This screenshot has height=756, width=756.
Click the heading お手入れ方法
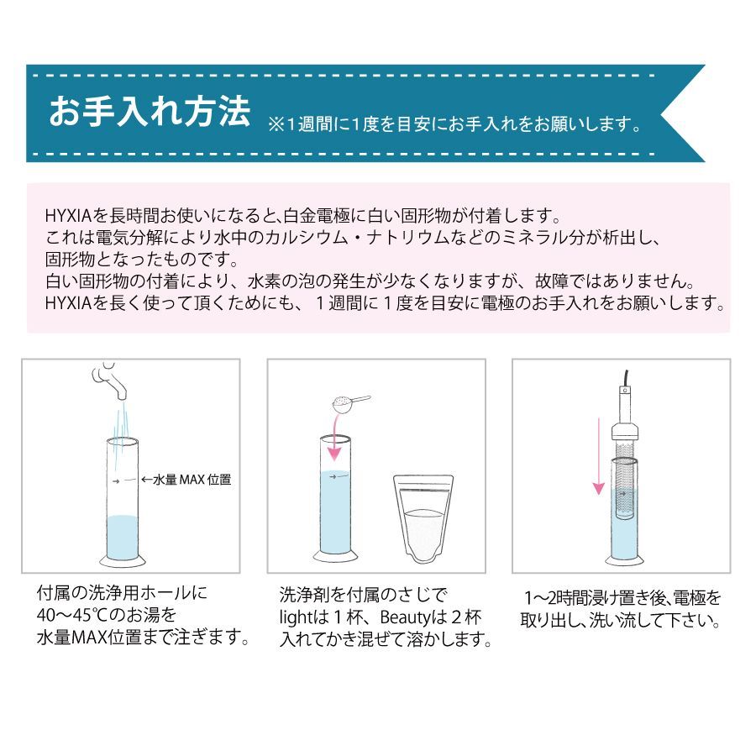(150, 111)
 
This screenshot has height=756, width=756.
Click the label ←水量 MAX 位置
(186, 480)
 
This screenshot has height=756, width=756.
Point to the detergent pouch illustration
(423, 519)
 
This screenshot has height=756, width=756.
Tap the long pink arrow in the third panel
(598, 456)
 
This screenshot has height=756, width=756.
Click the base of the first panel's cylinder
(122, 561)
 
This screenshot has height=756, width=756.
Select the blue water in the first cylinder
(122, 537)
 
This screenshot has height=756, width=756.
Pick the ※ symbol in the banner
(276, 125)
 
